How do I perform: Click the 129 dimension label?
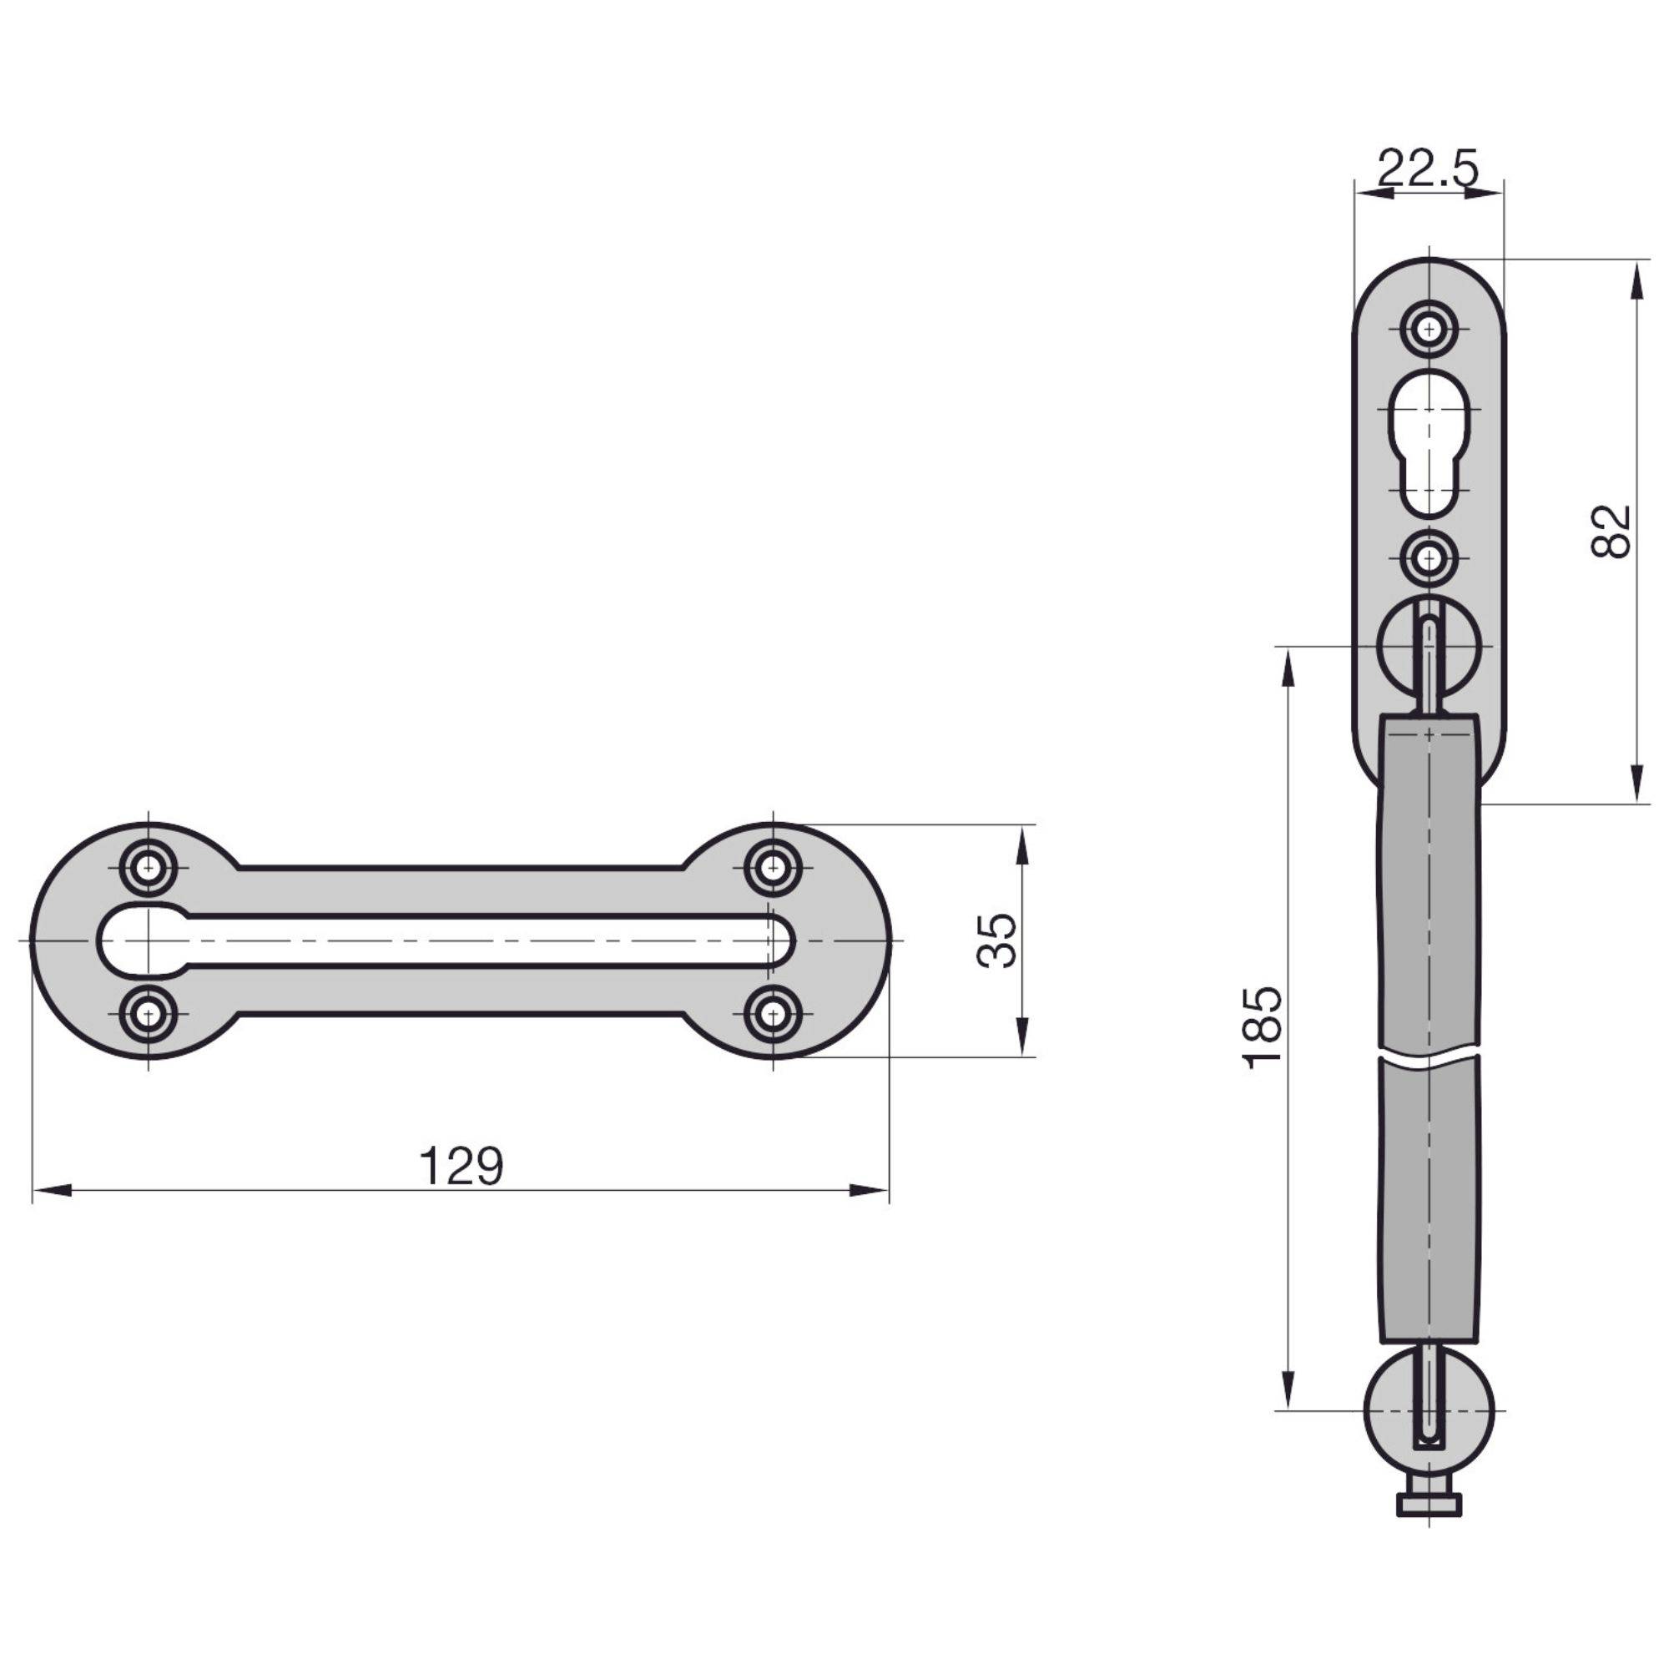[461, 1167]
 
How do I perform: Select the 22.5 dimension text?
[1427, 169]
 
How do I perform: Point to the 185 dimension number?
[1263, 1028]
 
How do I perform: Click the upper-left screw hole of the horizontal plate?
[149, 865]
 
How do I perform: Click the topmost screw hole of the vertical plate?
[1429, 329]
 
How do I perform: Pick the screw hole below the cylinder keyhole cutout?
[1429, 559]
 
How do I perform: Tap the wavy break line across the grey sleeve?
[1429, 1059]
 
